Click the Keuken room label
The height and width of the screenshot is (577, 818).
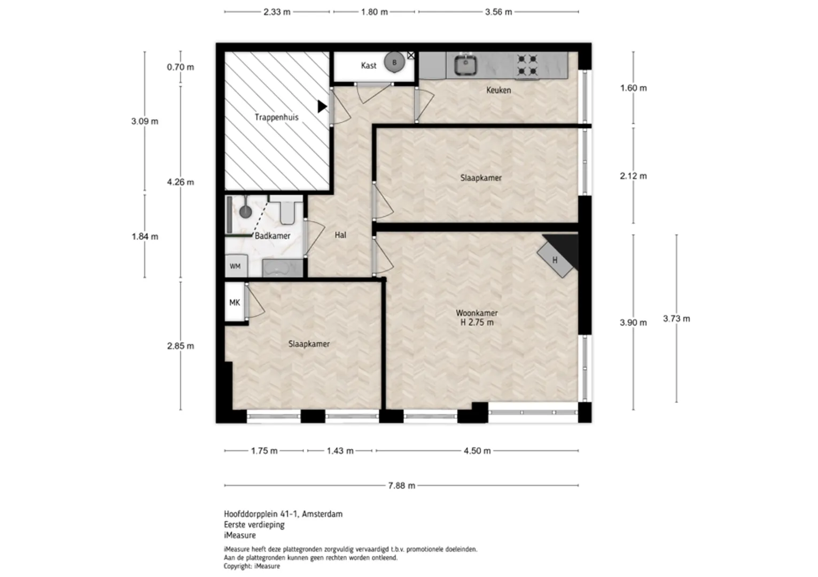point(498,90)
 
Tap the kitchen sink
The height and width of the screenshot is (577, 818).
point(465,66)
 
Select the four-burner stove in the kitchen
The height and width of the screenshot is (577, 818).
point(527,65)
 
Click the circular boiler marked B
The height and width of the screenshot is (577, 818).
point(394,63)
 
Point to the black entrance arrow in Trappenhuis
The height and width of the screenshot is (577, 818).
point(322,106)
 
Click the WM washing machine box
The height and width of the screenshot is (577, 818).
point(236,266)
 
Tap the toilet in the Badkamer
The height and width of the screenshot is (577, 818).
point(287,212)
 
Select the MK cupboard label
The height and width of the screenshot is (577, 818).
point(235,302)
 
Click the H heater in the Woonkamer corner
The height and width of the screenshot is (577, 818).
point(555,260)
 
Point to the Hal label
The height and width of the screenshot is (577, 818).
point(340,235)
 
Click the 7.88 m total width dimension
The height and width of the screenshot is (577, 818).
point(401,486)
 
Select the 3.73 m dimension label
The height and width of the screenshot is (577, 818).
point(676,319)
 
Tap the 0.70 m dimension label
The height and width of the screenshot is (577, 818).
point(181,67)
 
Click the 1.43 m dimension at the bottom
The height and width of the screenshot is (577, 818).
point(340,451)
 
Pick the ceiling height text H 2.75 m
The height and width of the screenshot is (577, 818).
point(477,323)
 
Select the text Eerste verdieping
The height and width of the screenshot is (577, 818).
point(254,525)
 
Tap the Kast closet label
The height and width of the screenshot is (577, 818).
point(369,65)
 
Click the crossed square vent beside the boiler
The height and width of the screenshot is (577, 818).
point(411,56)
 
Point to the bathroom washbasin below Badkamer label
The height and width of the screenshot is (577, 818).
point(282,268)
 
